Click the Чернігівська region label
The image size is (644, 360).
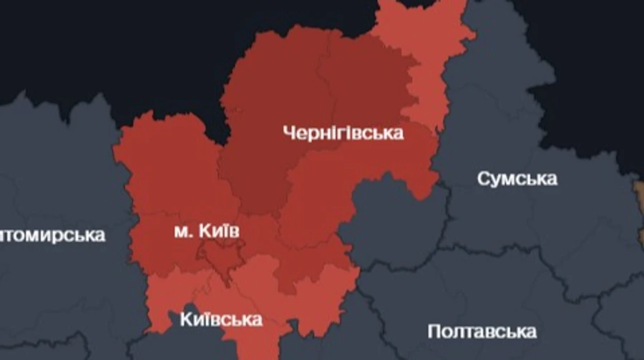coord(343,132)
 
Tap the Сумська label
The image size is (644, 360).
coord(517,178)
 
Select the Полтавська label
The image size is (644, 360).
coord(482,331)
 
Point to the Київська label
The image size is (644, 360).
coord(221,319)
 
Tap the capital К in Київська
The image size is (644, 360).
coord(186,319)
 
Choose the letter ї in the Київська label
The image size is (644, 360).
coord(206,318)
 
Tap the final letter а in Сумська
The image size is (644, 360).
coord(551,179)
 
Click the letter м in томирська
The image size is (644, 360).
coord(32,235)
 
